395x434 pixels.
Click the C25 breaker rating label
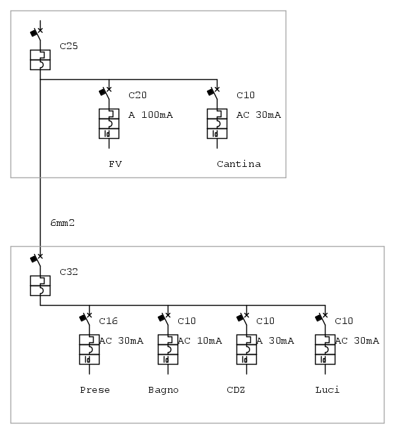[68, 46]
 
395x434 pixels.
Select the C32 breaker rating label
[68, 272]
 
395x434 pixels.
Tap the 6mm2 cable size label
[62, 223]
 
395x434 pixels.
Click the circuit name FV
[115, 164]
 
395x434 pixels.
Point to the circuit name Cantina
[238, 164]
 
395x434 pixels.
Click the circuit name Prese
[95, 390]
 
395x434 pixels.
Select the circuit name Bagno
[163, 390]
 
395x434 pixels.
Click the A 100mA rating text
[151, 115]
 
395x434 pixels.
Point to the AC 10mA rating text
[200, 341]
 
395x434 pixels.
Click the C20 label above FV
[138, 96]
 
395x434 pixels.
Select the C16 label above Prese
[108, 321]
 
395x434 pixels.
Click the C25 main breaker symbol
[41, 59]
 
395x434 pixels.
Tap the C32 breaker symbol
[41, 285]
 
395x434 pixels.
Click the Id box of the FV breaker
[109, 134]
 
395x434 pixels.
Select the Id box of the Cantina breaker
[217, 134]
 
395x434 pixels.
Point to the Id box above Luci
[325, 359]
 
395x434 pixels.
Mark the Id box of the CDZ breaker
[246, 359]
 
